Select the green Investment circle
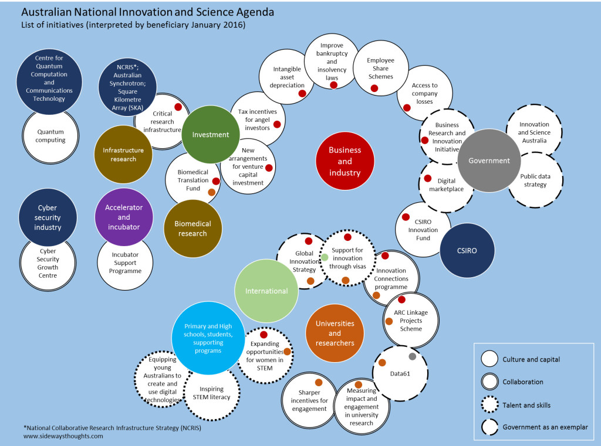pyautogui.click(x=211, y=135)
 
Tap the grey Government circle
pyautogui.click(x=489, y=161)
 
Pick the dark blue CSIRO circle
pyautogui.click(x=467, y=250)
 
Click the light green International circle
pyautogui.click(x=266, y=291)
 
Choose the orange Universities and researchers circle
pyautogui.click(x=335, y=333)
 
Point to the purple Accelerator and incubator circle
pyautogui.click(x=124, y=217)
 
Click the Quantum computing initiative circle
pyautogui.click(x=50, y=137)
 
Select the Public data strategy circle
pyautogui.click(x=535, y=180)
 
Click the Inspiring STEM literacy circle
pyautogui.click(x=211, y=393)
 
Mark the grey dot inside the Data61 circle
pyautogui.click(x=412, y=356)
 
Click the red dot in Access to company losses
pyautogui.click(x=407, y=107)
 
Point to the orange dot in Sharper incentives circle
pyautogui.click(x=319, y=382)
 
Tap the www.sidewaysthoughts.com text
pyautogui.click(x=63, y=436)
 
